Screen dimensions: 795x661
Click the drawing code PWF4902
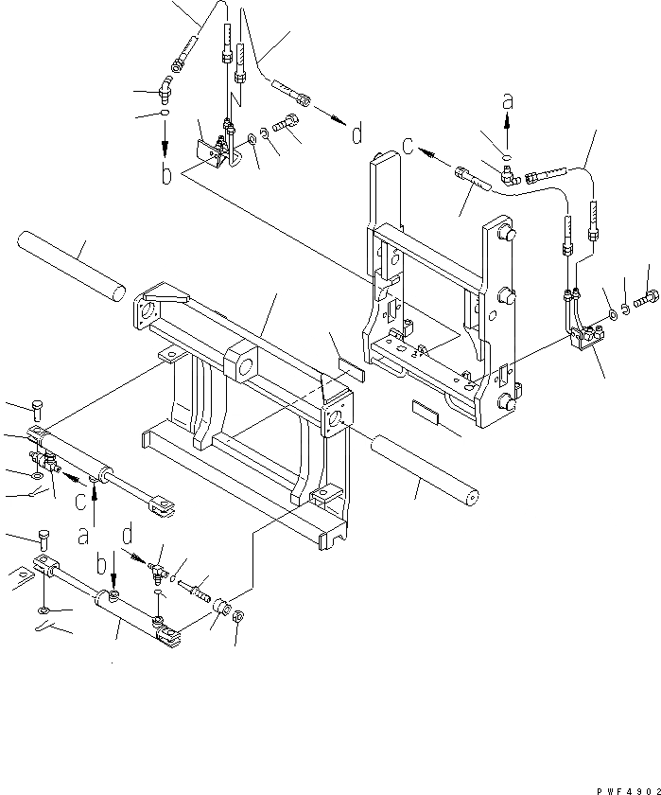(626, 787)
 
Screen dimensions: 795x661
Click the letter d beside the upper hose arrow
(356, 135)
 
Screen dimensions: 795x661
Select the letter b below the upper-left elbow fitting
(166, 175)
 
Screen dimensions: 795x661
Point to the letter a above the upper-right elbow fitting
(508, 100)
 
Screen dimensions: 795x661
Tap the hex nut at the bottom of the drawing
(239, 617)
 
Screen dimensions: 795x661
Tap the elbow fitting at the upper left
(167, 91)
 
